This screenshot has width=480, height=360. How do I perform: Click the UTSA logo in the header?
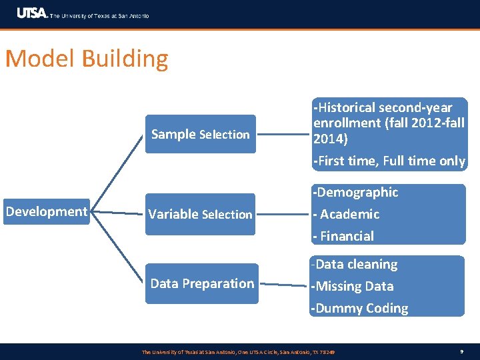32,14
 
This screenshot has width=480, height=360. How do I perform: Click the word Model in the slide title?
41,59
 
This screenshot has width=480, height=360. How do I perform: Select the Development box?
47,212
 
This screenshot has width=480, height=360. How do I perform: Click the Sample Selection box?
200,134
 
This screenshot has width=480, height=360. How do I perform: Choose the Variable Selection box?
200,214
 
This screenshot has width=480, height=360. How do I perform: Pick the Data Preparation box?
201,284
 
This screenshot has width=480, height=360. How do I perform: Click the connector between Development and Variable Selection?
117,213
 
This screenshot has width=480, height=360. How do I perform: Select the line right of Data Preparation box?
283,285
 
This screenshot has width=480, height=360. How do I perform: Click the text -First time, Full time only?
389,161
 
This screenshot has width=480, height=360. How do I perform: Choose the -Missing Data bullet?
352,286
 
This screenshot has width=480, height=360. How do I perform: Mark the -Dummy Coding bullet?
359,308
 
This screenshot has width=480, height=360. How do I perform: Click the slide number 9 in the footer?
461,351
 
